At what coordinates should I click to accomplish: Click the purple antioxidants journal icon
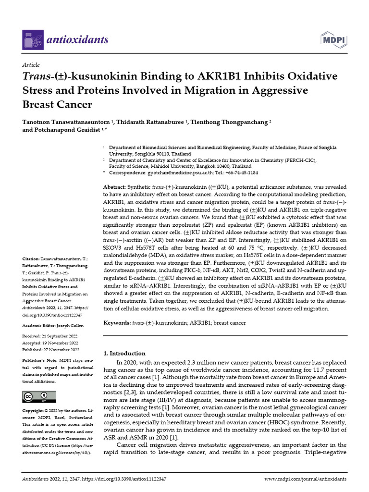[33, 39]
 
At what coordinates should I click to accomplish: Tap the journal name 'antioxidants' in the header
[77, 39]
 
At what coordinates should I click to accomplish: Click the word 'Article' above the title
[31, 65]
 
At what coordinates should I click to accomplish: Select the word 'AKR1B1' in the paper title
[220, 77]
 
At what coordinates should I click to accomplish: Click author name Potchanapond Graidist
[63, 130]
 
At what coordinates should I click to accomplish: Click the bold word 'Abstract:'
[115, 186]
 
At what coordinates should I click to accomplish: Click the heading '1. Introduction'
[124, 353]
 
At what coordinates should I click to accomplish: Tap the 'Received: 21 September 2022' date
[52, 336]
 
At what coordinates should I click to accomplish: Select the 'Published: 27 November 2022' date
[52, 350]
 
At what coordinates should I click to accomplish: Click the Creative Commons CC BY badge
[37, 397]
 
